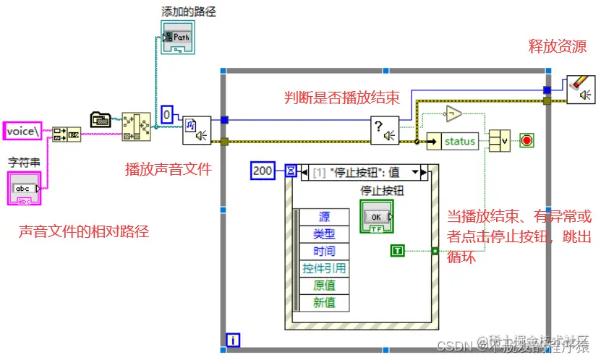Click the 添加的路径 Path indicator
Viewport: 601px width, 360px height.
179,37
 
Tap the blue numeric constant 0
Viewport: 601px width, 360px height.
167,113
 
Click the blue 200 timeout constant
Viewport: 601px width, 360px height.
263,171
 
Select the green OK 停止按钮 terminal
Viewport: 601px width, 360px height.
375,217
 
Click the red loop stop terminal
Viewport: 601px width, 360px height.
527,140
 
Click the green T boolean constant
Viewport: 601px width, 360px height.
398,251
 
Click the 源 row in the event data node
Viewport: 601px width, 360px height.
323,217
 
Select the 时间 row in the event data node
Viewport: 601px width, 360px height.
323,251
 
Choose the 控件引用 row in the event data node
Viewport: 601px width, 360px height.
323,268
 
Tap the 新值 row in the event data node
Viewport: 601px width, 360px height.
323,302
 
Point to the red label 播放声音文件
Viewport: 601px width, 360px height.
169,170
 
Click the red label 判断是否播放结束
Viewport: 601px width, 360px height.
341,98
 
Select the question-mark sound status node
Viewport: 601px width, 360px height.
385,131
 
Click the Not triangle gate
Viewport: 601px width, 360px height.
452,113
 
